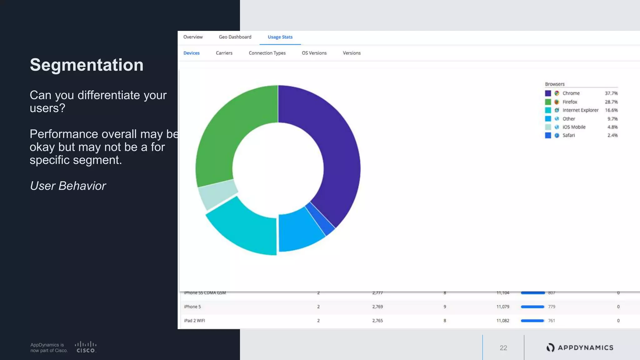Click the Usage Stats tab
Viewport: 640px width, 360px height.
point(280,37)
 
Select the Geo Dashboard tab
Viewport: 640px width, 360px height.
point(235,37)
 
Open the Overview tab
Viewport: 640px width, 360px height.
point(193,37)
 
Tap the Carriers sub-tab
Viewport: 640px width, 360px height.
point(224,53)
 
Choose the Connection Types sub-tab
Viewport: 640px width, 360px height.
point(267,53)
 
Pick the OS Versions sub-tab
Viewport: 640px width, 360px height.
point(314,53)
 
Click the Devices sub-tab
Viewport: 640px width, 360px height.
point(191,53)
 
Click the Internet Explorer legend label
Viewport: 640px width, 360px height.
point(580,110)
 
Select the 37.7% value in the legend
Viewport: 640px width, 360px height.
point(611,93)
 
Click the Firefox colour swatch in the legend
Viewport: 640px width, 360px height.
point(548,102)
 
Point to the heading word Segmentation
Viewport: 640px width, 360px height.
point(87,65)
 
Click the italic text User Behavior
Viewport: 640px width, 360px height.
point(68,186)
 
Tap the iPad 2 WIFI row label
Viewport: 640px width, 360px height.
point(194,321)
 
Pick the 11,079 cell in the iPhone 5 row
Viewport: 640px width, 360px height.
point(502,307)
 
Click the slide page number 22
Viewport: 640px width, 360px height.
point(503,348)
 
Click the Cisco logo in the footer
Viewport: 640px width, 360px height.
point(86,347)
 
